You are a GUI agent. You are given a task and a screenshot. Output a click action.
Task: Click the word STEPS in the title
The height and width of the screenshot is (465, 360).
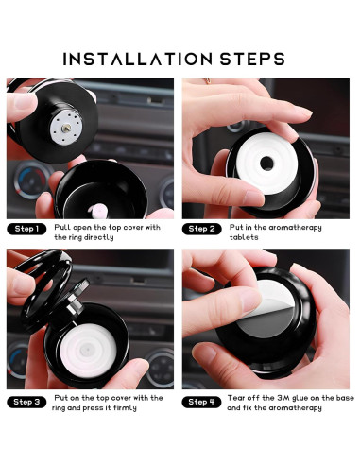pyautogui.click(x=252, y=60)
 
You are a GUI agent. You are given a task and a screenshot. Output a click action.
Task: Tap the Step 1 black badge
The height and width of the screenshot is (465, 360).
pyautogui.click(x=26, y=229)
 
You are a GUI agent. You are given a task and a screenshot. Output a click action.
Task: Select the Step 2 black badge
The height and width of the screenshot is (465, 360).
pyautogui.click(x=201, y=229)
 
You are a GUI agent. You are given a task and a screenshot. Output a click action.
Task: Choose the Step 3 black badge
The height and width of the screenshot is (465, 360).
pyautogui.click(x=26, y=402)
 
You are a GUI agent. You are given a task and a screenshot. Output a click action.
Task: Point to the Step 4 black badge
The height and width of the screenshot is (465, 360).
pyautogui.click(x=201, y=402)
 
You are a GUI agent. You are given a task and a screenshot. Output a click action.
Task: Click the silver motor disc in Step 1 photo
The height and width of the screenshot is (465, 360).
pyautogui.click(x=66, y=128)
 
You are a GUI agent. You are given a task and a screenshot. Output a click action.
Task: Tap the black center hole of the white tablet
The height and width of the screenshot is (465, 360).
pyautogui.click(x=266, y=163)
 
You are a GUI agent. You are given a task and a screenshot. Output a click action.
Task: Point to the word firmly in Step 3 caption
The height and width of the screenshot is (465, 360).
pyautogui.click(x=125, y=408)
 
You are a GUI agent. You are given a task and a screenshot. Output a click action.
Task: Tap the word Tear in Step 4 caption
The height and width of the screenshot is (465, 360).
pyautogui.click(x=236, y=398)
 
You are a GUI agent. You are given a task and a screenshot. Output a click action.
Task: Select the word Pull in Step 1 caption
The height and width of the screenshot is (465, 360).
pyautogui.click(x=62, y=227)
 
